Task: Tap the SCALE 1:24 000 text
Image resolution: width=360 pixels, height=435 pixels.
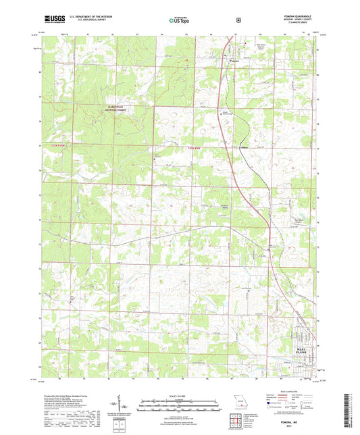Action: [180, 395]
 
